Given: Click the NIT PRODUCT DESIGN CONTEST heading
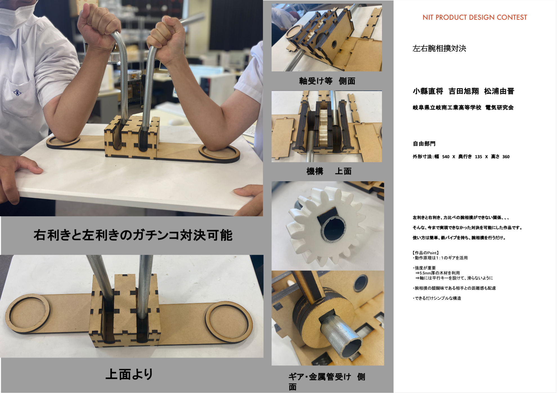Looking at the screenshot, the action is [475, 17].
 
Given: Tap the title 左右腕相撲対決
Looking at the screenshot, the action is [439, 49].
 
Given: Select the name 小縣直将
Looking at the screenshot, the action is [428, 91].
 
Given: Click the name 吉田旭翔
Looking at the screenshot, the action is [464, 91].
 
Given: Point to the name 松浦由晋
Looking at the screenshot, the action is [499, 91].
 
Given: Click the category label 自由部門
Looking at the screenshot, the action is [424, 144].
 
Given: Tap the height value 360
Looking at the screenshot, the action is [506, 157].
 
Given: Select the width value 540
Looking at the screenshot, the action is [446, 157].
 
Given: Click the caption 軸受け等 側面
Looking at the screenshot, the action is [327, 81].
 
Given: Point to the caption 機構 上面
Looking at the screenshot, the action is [329, 171].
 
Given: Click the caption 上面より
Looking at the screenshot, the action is [129, 374].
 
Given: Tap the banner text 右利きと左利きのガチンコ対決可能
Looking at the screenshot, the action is [133, 235].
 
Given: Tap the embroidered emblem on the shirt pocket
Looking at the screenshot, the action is [17, 92].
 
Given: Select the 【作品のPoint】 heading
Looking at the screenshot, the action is [426, 253].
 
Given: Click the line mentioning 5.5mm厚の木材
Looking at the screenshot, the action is [438, 273].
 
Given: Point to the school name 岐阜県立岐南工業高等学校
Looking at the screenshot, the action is [447, 108].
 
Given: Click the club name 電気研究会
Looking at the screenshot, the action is [499, 108].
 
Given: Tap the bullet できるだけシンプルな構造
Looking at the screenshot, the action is [437, 298].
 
